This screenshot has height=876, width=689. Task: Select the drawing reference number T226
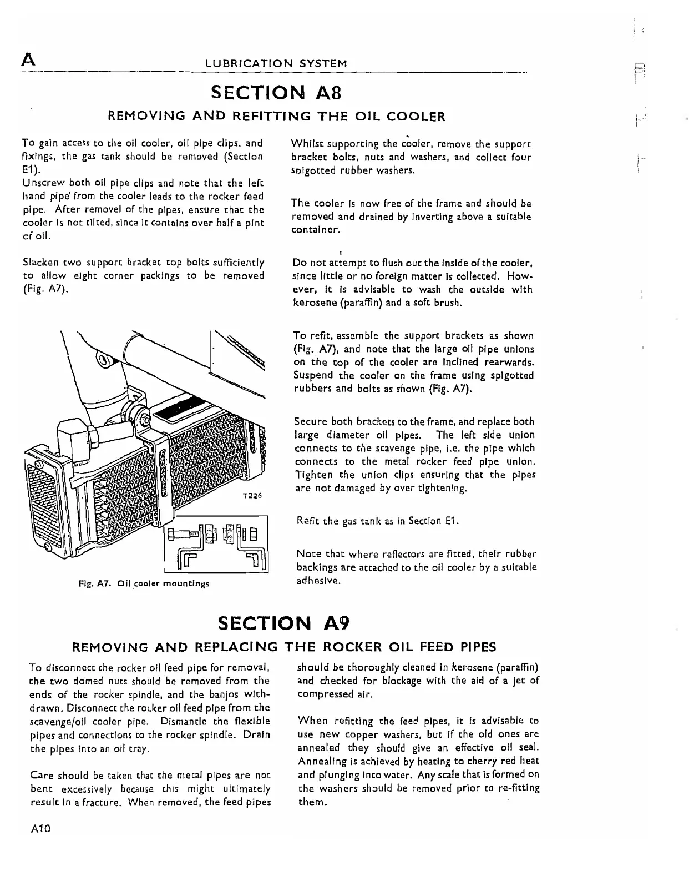[x=252, y=496]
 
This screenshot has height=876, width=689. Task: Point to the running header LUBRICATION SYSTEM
[x=276, y=63]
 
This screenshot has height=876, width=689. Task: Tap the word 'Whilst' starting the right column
[x=304, y=144]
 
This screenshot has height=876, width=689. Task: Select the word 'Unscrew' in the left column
[x=41, y=183]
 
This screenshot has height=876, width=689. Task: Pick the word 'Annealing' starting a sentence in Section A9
[x=320, y=761]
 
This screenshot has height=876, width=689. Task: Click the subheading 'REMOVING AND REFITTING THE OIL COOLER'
[x=276, y=117]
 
